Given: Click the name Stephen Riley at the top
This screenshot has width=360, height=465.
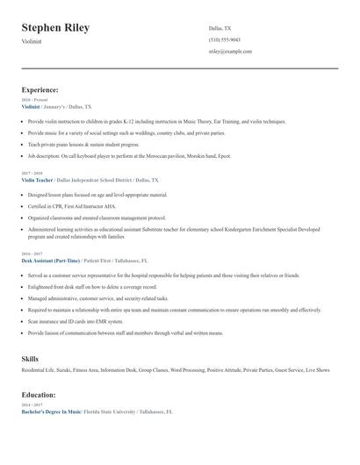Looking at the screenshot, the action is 55,28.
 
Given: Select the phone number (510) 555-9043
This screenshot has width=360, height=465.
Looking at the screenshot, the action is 225,40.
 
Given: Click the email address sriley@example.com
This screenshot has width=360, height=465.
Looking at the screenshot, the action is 230,52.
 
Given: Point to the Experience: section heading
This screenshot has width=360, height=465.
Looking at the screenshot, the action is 40,89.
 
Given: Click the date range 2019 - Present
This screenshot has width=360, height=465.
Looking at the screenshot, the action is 34,99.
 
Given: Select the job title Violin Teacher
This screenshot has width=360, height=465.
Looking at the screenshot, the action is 37,179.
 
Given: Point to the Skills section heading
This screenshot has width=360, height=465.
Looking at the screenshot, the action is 30,359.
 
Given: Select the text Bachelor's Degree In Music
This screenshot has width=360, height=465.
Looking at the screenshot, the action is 51,411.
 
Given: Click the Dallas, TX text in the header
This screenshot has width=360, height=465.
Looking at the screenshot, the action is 220,28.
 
